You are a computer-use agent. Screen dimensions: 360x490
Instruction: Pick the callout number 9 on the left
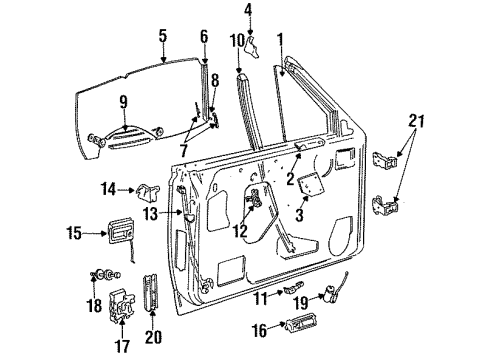[123, 100]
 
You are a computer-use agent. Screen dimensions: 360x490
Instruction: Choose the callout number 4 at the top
[248, 12]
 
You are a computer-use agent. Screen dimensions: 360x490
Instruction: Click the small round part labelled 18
[101, 275]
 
